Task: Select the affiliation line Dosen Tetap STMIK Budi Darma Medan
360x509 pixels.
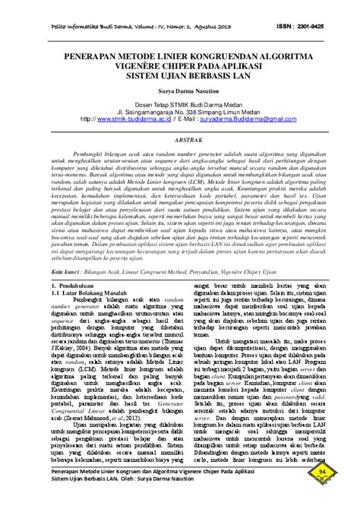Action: pos(180,102)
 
